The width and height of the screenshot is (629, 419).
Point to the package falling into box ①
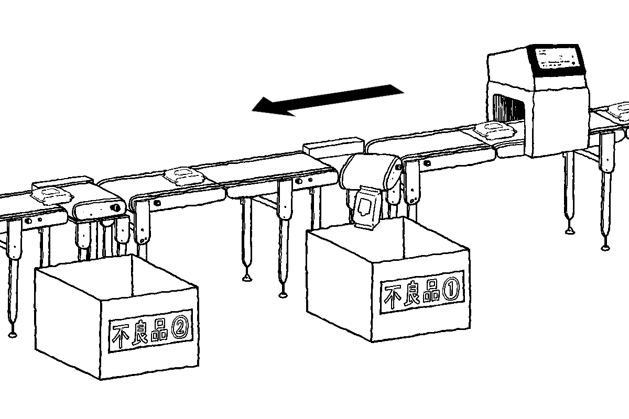point(366,210)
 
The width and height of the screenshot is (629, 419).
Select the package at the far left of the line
point(50,195)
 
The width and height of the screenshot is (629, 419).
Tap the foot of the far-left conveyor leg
point(12,332)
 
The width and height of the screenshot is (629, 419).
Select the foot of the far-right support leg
point(606,246)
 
